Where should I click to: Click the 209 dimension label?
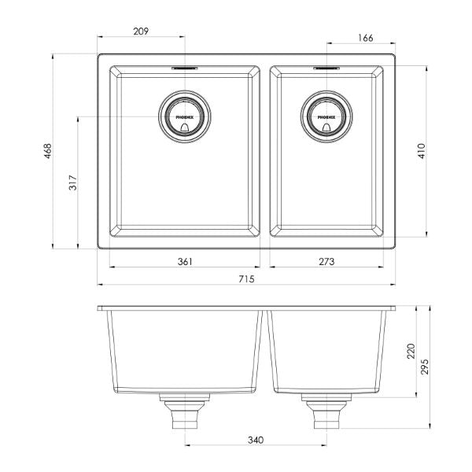(142, 32)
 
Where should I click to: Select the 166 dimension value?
(364, 37)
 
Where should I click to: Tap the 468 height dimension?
(48, 150)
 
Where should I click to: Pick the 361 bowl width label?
(185, 261)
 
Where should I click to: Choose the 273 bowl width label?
(326, 261)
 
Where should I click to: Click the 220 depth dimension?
(409, 351)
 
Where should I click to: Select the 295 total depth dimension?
(426, 367)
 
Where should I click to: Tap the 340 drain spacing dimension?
(254, 440)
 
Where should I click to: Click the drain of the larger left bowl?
(185, 116)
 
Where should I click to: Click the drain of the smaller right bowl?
(326, 116)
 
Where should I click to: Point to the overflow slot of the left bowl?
(185, 68)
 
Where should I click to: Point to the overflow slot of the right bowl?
(326, 68)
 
